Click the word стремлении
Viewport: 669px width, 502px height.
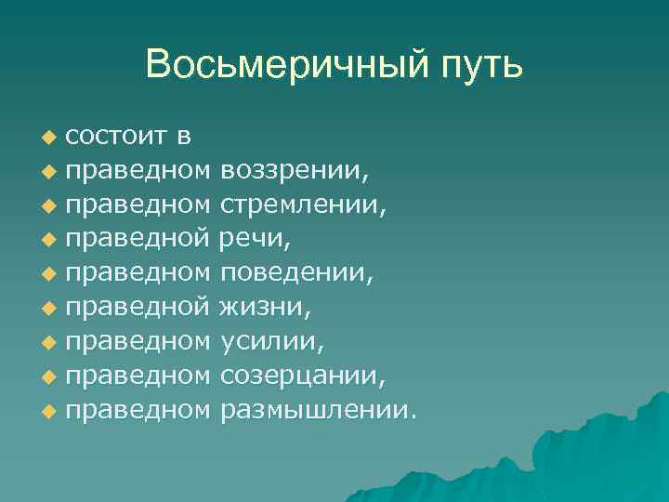click(302, 205)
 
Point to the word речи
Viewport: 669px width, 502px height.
click(254, 240)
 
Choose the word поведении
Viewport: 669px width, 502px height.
click(296, 273)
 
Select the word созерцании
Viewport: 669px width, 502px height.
click(302, 376)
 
